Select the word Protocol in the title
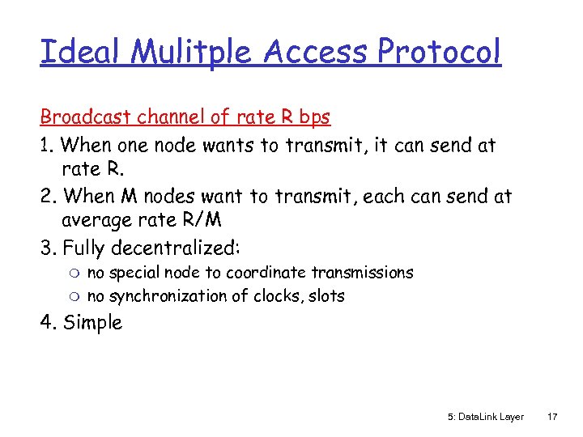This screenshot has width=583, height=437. [x=439, y=52]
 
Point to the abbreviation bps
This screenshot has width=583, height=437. [x=313, y=117]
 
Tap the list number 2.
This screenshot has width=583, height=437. [x=47, y=196]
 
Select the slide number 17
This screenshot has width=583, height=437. [x=553, y=417]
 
